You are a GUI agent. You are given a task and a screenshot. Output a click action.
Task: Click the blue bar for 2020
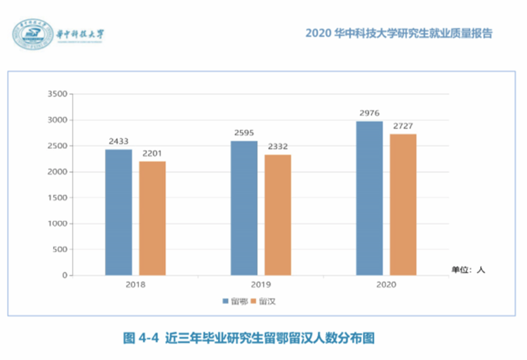(369, 198)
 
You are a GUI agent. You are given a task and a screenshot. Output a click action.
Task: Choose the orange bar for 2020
(403, 205)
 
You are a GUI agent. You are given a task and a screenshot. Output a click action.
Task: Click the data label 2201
(152, 154)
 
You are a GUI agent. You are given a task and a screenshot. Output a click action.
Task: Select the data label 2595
(244, 133)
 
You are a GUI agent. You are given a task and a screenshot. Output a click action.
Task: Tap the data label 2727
(403, 126)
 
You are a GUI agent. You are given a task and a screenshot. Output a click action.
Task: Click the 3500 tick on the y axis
(56, 94)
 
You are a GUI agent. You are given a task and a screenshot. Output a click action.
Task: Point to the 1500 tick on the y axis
(56, 198)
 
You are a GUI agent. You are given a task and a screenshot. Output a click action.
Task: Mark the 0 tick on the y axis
(63, 275)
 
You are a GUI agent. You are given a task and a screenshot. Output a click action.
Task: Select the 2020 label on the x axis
(386, 285)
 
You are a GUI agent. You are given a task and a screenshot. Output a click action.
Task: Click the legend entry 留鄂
(235, 301)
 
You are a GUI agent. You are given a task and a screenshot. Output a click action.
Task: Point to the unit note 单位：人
(468, 269)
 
